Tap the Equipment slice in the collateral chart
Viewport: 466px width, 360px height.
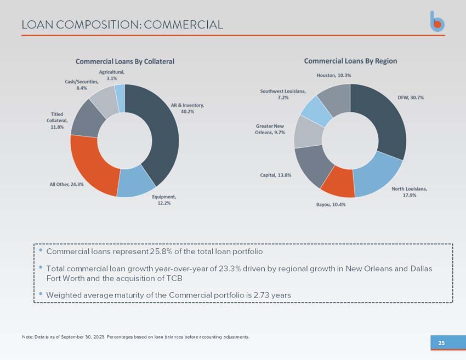[x=135, y=181]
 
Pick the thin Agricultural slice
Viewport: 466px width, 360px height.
[x=120, y=98]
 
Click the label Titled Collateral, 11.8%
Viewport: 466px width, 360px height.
[x=57, y=121]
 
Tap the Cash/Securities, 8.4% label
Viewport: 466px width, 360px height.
[x=82, y=85]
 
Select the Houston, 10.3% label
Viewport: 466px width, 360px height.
[x=334, y=76]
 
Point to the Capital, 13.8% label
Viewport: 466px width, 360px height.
[x=276, y=175]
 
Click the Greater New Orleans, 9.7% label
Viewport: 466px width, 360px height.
[x=270, y=129]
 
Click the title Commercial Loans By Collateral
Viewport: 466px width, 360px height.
[x=125, y=61]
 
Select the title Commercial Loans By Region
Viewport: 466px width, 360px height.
[x=350, y=61]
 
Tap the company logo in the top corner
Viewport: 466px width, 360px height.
[x=437, y=21]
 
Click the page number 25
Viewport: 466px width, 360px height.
[x=442, y=343]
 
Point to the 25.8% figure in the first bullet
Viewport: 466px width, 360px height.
[x=161, y=252]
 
